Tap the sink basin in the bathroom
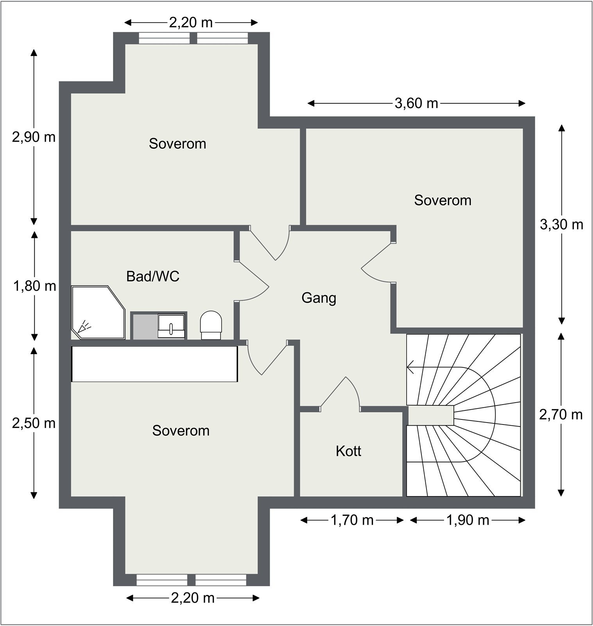(171, 326)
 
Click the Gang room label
(319, 298)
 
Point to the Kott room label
(348, 451)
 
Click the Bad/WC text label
(152, 277)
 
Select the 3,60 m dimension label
(416, 103)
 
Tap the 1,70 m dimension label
(352, 520)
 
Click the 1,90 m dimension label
(468, 520)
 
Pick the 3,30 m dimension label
(561, 225)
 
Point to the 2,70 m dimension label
(561, 415)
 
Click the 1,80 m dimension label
(34, 286)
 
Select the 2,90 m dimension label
(34, 137)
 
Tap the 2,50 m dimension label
(34, 423)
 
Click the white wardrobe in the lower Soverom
(154, 363)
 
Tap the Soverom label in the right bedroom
(443, 200)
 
